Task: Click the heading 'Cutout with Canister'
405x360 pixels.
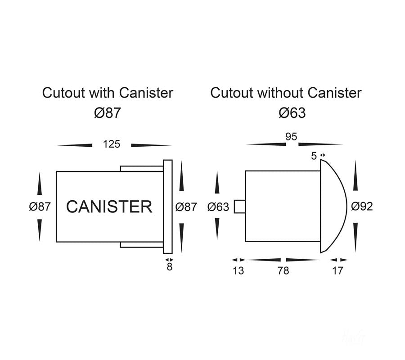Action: point(108,93)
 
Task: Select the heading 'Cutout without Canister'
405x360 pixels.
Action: point(286,93)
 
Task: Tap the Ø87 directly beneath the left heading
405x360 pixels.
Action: point(108,112)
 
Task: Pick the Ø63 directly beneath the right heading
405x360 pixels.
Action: point(292,112)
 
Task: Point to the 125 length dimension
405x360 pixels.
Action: point(112,144)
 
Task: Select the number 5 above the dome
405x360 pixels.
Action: point(314,156)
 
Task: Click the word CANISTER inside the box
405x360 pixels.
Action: point(109,207)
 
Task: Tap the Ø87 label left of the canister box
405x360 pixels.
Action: point(40,207)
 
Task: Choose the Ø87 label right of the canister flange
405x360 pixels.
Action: point(186,207)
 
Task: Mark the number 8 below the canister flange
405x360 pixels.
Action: point(170,267)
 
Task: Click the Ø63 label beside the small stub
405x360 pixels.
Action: point(218,207)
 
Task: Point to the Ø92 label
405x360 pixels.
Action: point(362,207)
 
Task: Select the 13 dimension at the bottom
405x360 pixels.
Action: point(238,271)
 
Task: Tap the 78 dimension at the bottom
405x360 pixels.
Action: point(283,271)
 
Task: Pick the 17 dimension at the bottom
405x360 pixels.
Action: point(337,271)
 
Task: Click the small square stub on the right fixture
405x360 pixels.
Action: point(240,207)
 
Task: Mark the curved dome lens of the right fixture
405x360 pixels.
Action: point(333,207)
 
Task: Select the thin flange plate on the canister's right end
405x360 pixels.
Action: point(168,207)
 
